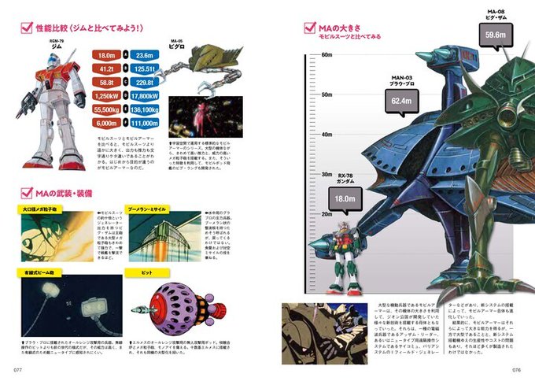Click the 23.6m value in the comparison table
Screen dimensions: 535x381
pos(143,56)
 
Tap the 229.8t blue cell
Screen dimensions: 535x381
pos(143,83)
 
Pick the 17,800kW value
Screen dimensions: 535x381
pos(143,96)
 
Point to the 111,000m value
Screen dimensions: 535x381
pos(143,123)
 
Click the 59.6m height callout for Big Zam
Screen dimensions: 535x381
pos(496,35)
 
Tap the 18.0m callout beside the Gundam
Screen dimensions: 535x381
pos(343,200)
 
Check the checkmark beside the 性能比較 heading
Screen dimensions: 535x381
pos(24,28)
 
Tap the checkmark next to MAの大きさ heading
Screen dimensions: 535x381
pos(310,29)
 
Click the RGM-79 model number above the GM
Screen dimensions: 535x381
pos(56,39)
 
